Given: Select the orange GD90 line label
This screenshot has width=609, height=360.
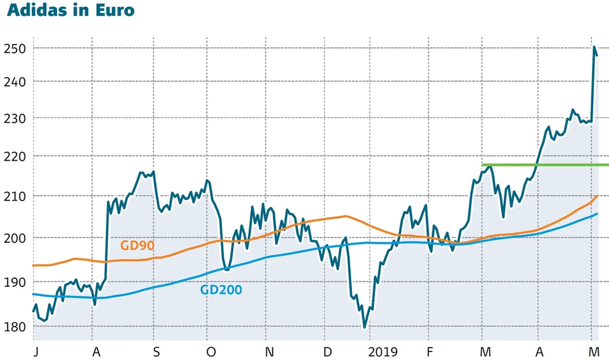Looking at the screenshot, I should click(137, 245).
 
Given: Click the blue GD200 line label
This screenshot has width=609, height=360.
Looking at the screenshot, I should click(221, 290).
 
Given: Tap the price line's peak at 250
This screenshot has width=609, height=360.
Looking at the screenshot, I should click(594, 47).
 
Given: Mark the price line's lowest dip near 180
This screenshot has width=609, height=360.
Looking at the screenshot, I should click(365, 327).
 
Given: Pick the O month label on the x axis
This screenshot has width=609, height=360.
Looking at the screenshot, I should click(211, 352).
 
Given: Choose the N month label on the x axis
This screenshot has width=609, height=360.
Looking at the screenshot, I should click(269, 352).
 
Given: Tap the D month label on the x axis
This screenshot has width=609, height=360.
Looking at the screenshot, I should click(327, 352).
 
